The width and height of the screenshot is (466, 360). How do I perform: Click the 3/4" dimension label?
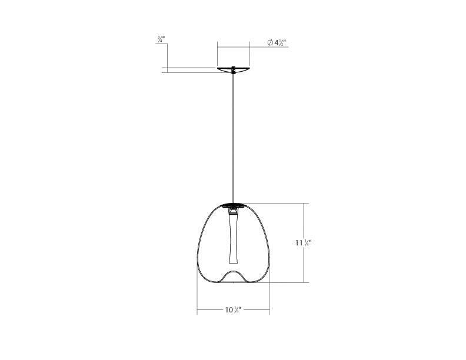click(x=161, y=40)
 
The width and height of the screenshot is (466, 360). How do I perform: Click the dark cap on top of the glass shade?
click(x=234, y=205)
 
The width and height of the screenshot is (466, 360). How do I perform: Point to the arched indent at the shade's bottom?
click(x=234, y=274)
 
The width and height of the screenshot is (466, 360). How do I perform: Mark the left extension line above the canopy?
click(x=217, y=54)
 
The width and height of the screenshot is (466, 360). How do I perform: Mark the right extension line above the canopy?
click(x=250, y=54)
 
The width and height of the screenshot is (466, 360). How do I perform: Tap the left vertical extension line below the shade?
click(x=197, y=297)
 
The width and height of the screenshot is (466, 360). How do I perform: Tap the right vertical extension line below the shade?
click(x=270, y=297)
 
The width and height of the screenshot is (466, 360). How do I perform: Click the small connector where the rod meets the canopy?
click(x=234, y=71)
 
